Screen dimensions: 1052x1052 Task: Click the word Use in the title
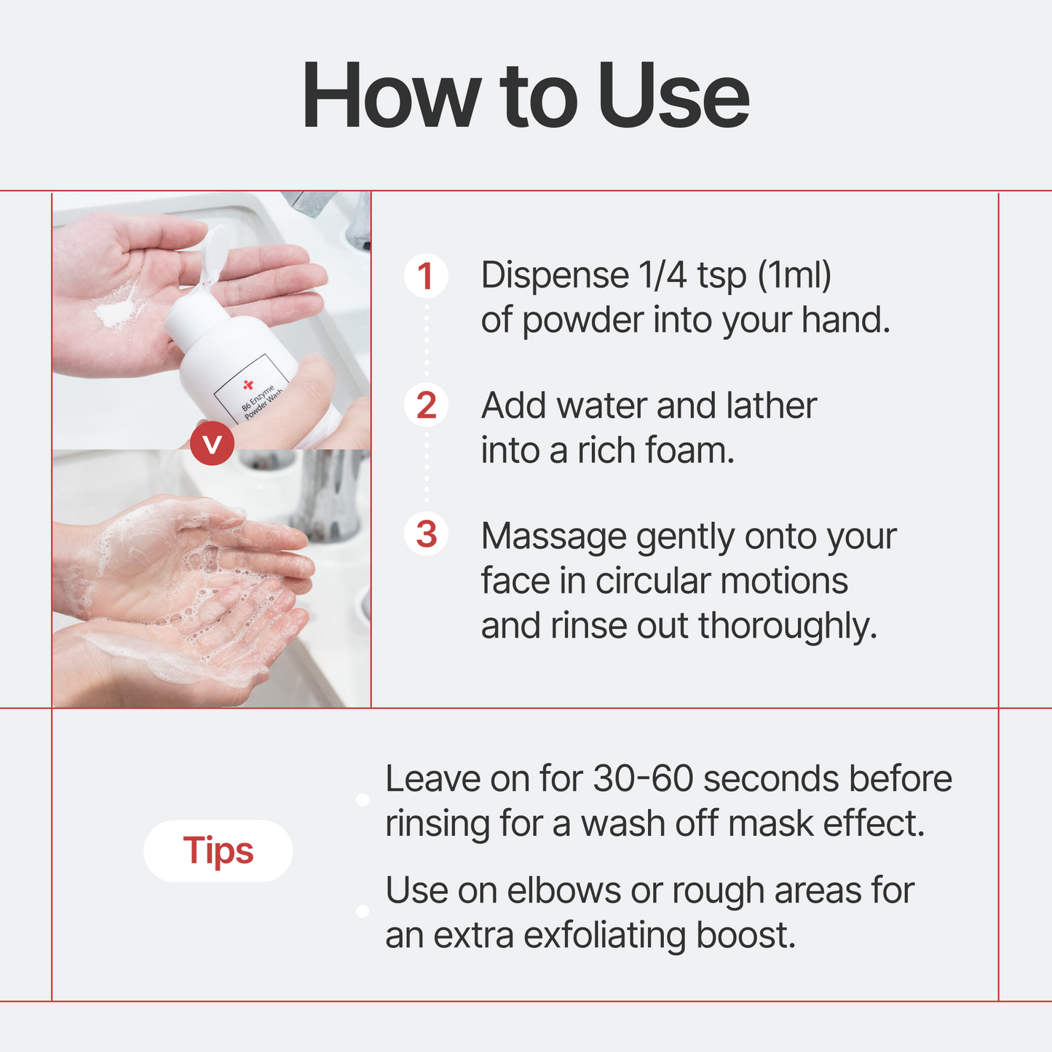(673, 97)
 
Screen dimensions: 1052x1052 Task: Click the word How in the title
(391, 97)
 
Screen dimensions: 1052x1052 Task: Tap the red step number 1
(426, 276)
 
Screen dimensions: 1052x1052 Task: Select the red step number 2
(426, 406)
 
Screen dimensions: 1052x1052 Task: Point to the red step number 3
(426, 534)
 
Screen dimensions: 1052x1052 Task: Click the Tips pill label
(218, 850)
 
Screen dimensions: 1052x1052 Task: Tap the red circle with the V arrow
(212, 443)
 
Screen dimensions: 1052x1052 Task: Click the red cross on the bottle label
(248, 384)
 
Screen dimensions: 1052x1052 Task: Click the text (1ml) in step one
(794, 276)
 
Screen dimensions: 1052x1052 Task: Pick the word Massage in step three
(553, 537)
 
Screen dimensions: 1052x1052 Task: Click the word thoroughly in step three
(787, 626)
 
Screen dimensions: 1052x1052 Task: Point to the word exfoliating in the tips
(605, 936)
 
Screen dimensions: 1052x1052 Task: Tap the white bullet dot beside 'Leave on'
(363, 800)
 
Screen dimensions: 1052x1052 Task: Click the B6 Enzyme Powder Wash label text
(262, 403)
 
